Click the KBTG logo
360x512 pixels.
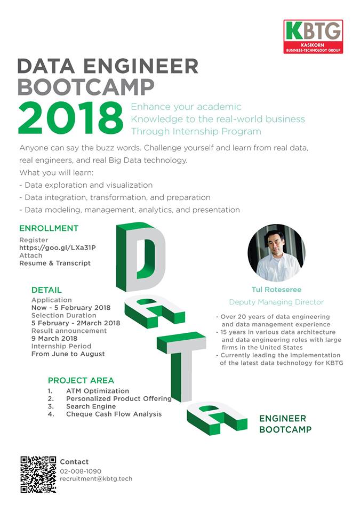(x=313, y=37)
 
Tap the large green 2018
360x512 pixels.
(x=70, y=118)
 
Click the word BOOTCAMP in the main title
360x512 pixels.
(x=86, y=87)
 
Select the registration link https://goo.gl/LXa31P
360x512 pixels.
(x=58, y=248)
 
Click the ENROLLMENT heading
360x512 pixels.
(x=49, y=228)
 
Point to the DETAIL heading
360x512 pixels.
(x=46, y=290)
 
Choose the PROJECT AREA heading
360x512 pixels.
(x=81, y=380)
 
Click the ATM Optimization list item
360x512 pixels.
(x=98, y=391)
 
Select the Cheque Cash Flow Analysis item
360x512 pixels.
(x=114, y=414)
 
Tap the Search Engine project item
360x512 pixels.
(x=91, y=406)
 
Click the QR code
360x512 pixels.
(x=38, y=475)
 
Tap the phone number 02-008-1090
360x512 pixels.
(x=81, y=471)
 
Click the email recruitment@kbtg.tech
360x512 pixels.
(x=96, y=479)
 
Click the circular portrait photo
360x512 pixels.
(x=276, y=253)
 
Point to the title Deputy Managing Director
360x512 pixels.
(x=276, y=302)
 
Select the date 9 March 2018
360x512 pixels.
(x=54, y=339)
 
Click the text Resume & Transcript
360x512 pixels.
(x=55, y=263)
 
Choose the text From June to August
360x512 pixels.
(x=68, y=354)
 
